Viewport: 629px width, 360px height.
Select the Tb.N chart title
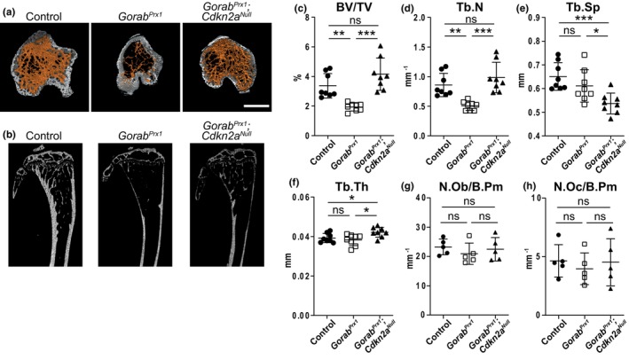tap(471, 8)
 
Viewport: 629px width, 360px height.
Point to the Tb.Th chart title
tap(352, 186)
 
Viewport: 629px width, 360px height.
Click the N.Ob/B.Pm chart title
tap(469, 187)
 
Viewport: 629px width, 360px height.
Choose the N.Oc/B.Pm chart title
tap(585, 187)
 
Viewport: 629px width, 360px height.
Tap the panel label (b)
tap(10, 135)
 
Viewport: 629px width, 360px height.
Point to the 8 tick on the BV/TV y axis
tap(307, 18)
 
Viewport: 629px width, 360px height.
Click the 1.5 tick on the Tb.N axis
tap(428, 47)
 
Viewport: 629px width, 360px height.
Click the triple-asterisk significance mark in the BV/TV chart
tap(366, 34)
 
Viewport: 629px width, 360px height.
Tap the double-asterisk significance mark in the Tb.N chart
tap(455, 32)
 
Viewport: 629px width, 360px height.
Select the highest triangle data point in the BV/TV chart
tap(381, 46)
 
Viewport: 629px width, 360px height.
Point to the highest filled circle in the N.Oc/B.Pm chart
tap(559, 235)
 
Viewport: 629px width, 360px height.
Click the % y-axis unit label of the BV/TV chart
tap(297, 76)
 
